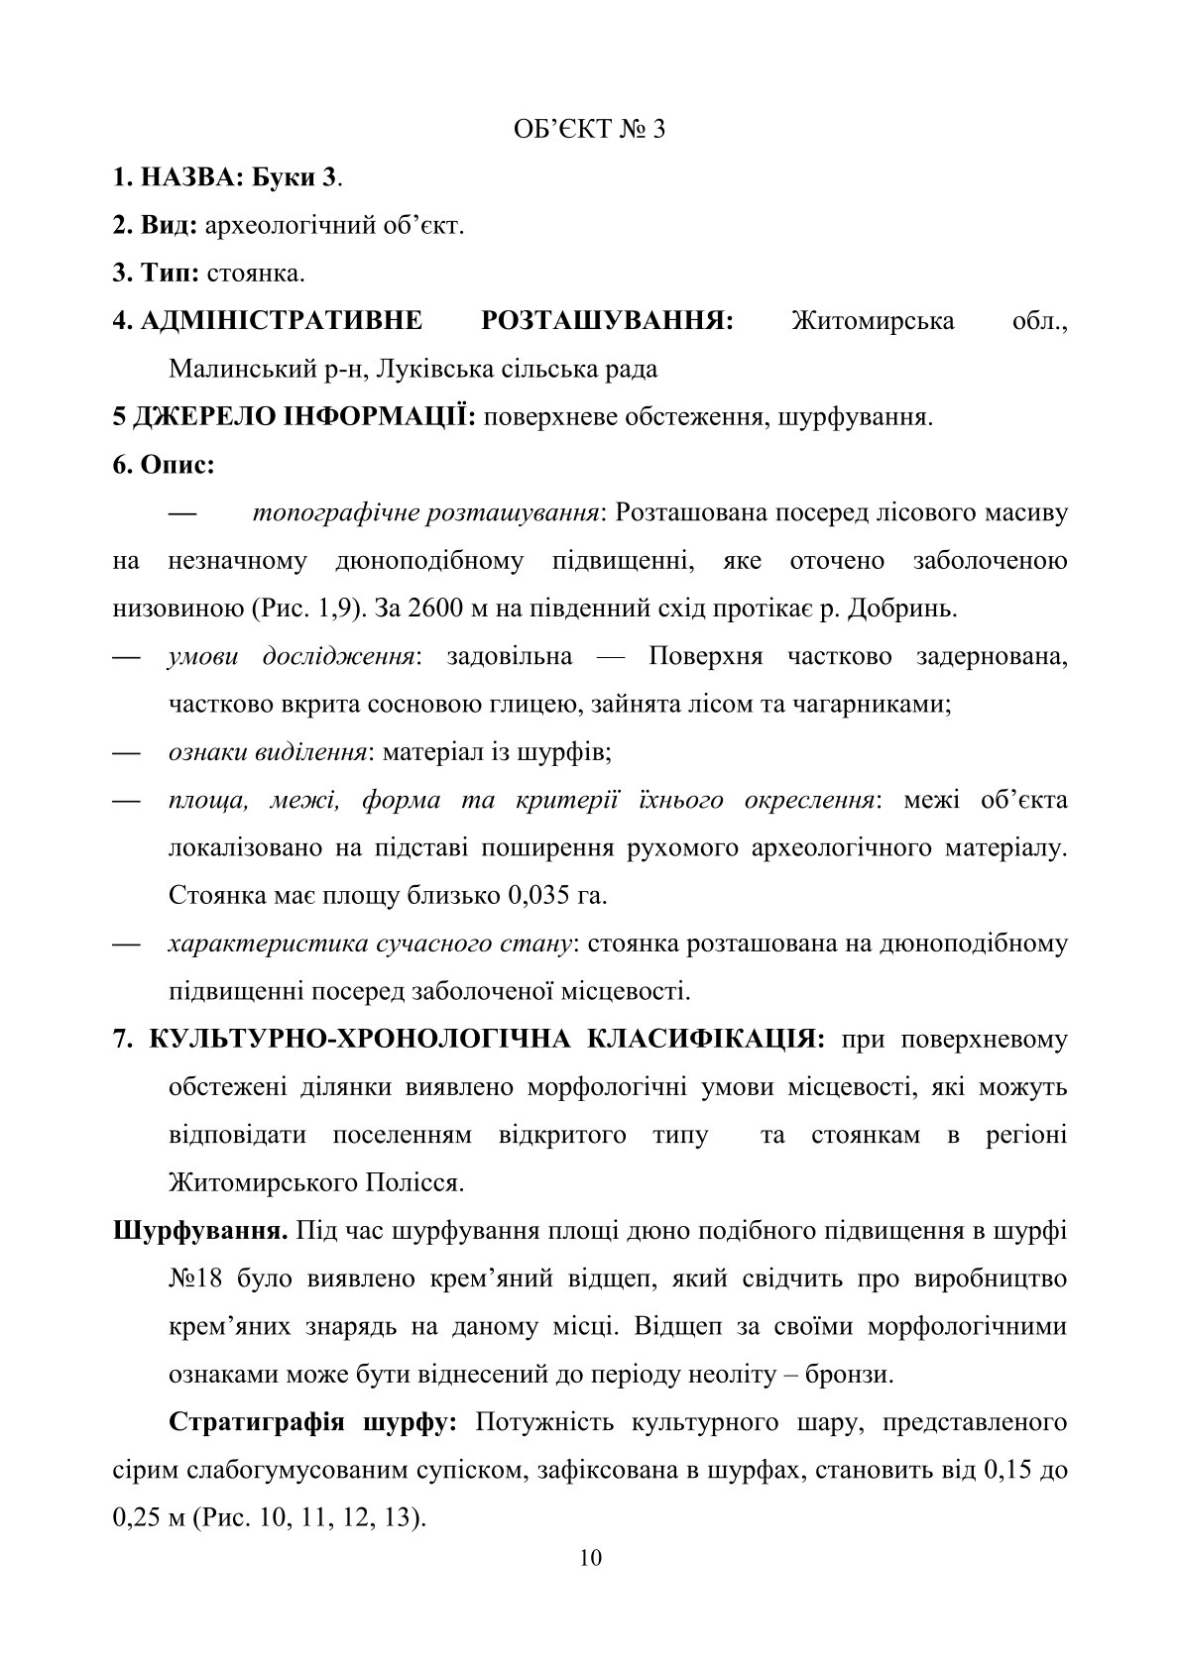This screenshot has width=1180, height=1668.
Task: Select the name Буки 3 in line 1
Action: [297, 178]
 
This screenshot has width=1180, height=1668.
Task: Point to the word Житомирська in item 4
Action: [874, 321]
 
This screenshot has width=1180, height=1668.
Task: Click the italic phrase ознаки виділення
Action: [268, 752]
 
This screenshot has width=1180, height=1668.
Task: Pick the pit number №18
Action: [195, 1279]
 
